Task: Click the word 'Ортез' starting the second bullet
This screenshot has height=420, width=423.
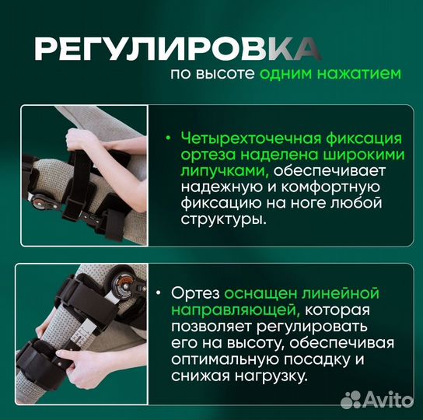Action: (x=199, y=293)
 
